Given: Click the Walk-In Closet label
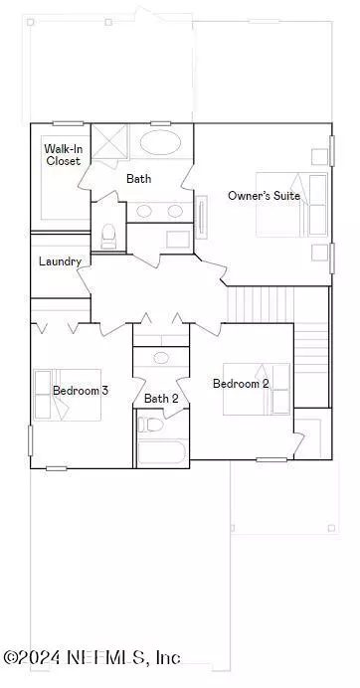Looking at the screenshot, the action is coord(64,155).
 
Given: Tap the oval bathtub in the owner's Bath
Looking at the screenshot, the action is coord(160,142).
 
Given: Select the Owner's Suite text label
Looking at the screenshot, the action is coord(264,196).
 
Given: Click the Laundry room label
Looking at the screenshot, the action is coord(60,261).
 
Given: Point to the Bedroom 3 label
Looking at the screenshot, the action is coord(81,390).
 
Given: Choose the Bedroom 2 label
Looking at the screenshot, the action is coord(241,384).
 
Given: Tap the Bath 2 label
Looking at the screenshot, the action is coord(161,399).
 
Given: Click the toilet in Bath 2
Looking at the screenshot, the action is coord(150,425).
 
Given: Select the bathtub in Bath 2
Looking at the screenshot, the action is coord(161,452).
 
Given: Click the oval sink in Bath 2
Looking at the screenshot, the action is coord(161,358).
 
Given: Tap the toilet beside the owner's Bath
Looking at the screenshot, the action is coord(108,236).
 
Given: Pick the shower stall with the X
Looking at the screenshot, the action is coord(109,142).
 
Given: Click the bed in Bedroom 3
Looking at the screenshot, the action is coord(68,395).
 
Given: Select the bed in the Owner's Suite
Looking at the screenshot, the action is coord(292,205).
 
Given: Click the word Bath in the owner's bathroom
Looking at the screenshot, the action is coord(139,179).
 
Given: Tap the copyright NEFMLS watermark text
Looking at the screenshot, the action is coord(91,658).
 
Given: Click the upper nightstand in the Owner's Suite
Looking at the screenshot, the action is coord(319,157).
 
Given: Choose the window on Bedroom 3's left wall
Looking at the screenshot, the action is coord(30,440).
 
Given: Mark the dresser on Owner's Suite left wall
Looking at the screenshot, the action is coord(201,217).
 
